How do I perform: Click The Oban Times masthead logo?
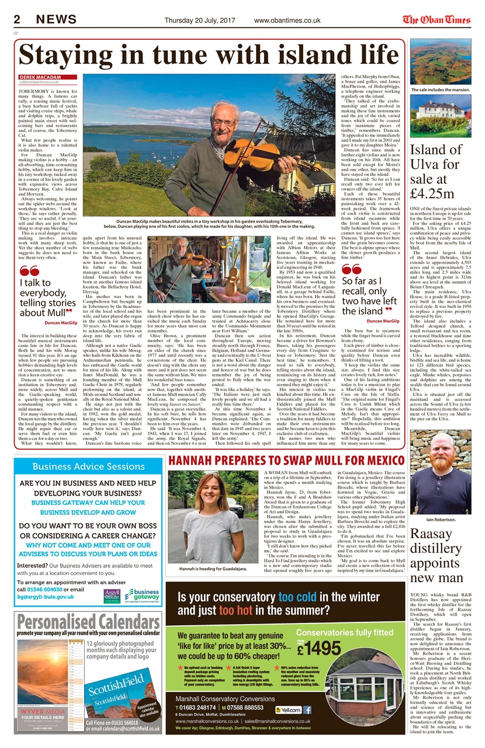coord(436,19)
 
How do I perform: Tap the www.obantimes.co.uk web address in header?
coord(286,20)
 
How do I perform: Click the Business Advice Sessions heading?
coord(88,466)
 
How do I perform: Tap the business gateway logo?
coord(142,595)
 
